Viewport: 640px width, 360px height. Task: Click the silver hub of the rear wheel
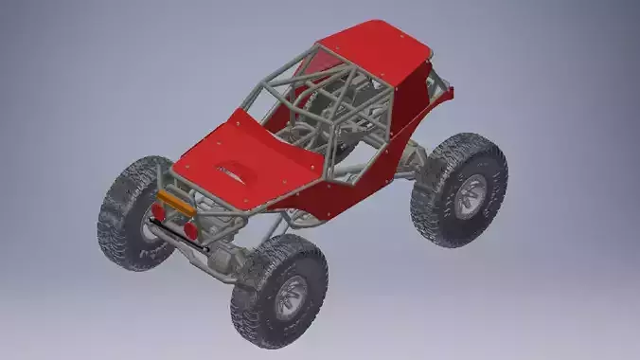(469, 195)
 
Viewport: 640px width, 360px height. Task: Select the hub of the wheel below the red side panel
(291, 296)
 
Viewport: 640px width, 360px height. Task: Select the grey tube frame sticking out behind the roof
(437, 83)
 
